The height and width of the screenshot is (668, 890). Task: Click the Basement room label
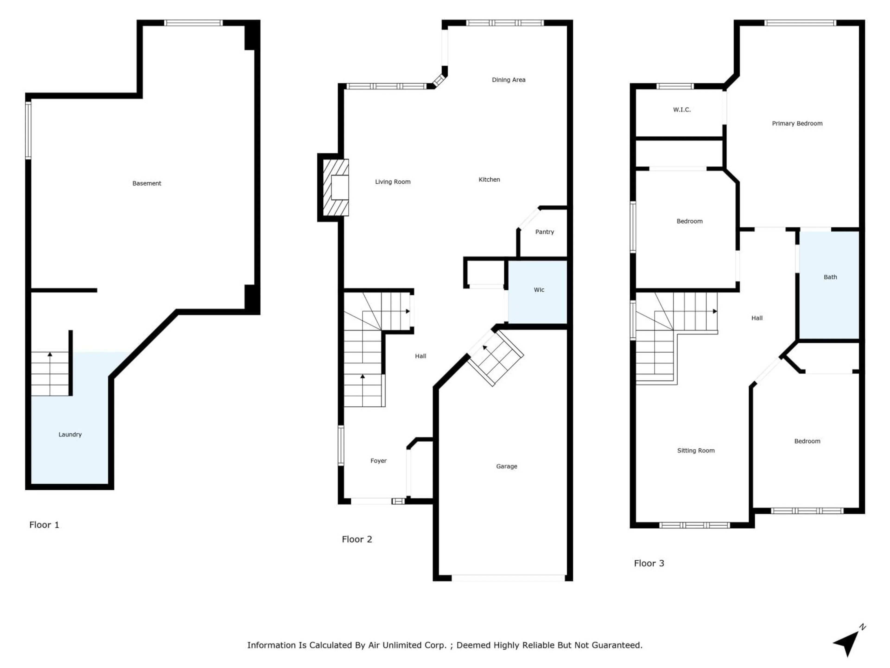[x=147, y=183]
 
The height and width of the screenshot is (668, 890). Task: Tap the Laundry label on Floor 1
[x=70, y=434]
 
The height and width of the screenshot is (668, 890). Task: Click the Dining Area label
[x=509, y=80]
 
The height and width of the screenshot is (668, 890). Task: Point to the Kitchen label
[x=489, y=180]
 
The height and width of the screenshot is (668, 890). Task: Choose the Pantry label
[x=544, y=232]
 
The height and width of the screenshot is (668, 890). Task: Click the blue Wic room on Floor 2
[x=538, y=292]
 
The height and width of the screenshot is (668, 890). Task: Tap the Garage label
[x=507, y=466]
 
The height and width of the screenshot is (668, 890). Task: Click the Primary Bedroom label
[x=797, y=124]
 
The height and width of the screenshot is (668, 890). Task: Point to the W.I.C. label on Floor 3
[x=682, y=109]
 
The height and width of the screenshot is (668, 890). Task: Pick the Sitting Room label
[x=696, y=451]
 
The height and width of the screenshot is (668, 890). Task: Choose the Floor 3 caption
[x=649, y=564]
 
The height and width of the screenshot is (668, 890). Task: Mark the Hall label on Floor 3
[x=757, y=318]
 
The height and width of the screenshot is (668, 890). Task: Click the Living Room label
[x=393, y=182]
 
